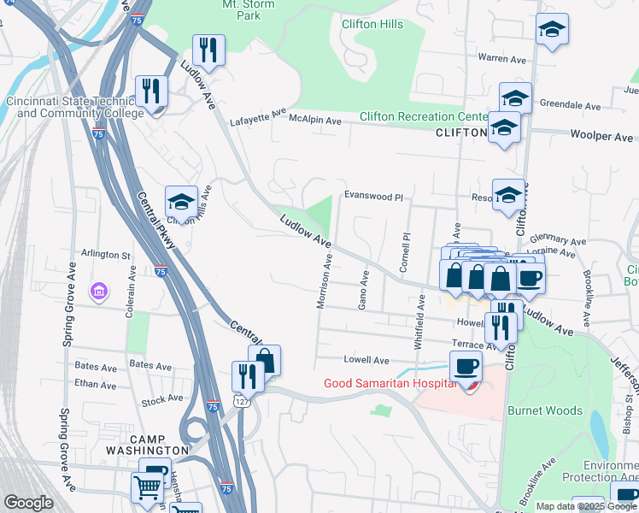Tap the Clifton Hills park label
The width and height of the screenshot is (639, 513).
click(x=372, y=24)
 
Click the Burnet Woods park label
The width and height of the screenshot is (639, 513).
click(x=545, y=411)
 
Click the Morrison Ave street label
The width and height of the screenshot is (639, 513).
click(x=325, y=280)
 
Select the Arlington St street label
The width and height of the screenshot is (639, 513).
click(x=105, y=254)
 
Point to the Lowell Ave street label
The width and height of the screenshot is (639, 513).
click(x=366, y=360)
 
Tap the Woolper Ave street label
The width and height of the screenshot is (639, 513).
click(x=601, y=137)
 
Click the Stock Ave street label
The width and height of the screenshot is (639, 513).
click(x=162, y=398)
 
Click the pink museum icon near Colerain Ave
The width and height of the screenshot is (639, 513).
click(x=100, y=293)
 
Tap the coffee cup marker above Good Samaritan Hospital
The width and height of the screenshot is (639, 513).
click(x=466, y=368)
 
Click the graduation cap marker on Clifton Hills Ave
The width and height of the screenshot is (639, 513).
click(x=181, y=202)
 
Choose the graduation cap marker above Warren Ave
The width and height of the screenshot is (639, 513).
click(x=552, y=29)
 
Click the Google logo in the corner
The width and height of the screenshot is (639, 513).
click(x=28, y=503)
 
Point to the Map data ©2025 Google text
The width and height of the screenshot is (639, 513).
click(x=586, y=506)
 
